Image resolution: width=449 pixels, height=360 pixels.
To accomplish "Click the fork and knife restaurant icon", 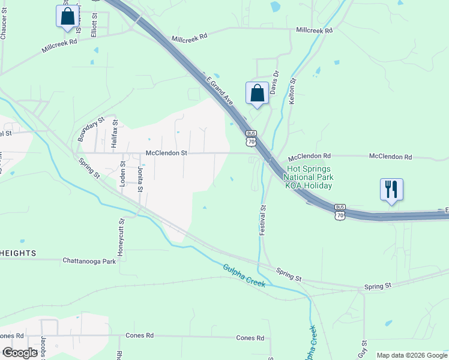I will coord(391,190).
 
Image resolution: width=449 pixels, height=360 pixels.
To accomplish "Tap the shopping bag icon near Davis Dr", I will coord(257,93).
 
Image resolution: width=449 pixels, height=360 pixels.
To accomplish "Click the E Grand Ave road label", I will coord(219,89).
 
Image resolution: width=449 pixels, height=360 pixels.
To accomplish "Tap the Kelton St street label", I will coord(293,92).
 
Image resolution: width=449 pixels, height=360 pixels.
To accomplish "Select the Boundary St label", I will coord(91,129).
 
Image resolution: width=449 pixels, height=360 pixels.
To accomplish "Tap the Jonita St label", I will coord(140,179).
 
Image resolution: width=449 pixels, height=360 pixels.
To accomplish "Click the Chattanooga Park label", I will coord(89,261).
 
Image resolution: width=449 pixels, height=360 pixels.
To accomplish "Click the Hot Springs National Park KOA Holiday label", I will coord(309,178).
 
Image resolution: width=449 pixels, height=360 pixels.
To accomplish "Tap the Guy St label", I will coord(363,348).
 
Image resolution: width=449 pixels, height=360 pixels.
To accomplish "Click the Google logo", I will coord(20,353).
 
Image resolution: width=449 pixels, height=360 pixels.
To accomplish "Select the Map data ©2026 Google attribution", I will coord(412,355).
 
